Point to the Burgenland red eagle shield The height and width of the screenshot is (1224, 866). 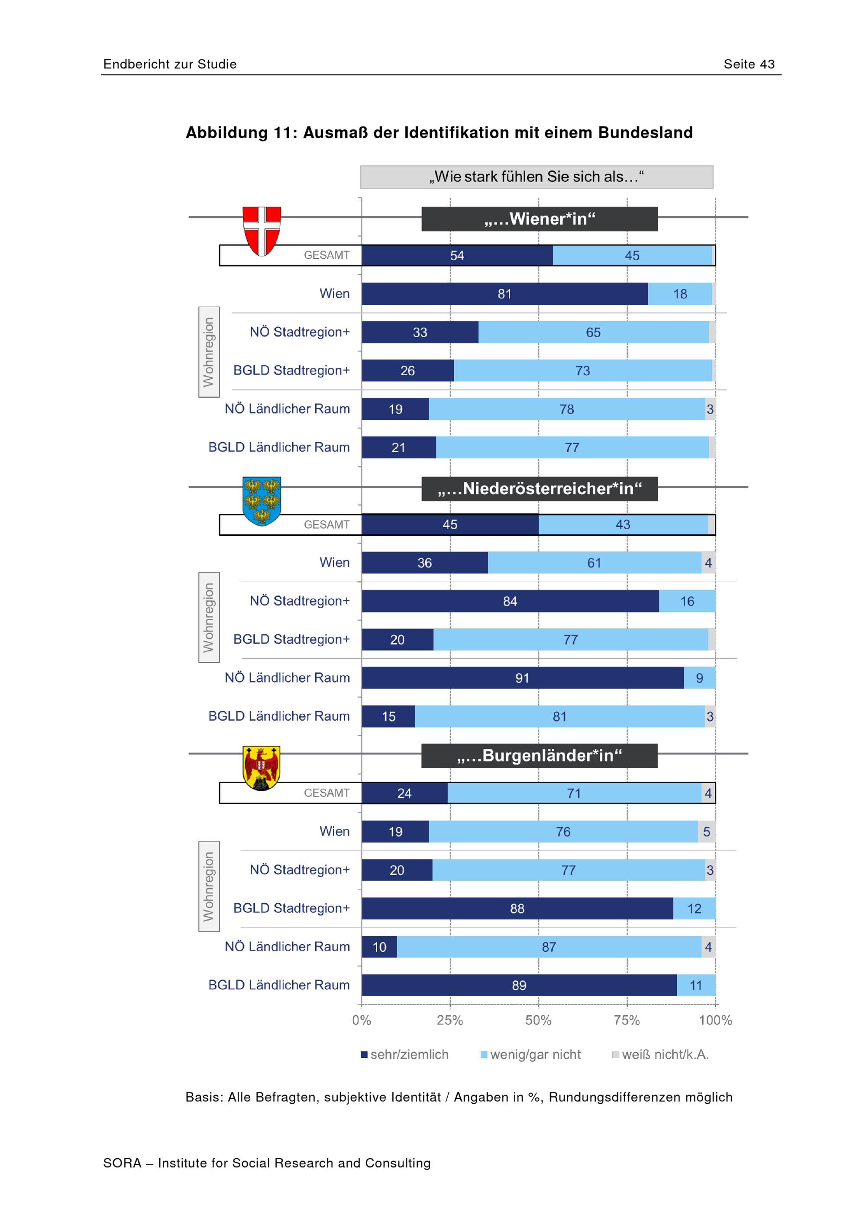click(261, 768)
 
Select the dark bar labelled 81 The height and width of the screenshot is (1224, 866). click(505, 294)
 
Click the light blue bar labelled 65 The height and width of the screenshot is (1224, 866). click(594, 332)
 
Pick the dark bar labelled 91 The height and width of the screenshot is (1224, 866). click(523, 678)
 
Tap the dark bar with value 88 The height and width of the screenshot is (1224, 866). click(517, 908)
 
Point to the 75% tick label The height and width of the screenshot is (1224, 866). click(627, 1020)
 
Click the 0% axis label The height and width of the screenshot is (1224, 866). click(362, 1020)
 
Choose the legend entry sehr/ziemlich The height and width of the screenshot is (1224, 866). click(405, 1054)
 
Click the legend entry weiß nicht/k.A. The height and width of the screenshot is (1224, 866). click(660, 1054)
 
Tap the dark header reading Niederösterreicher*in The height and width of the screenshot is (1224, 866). click(540, 489)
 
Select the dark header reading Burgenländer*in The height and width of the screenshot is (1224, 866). click(540, 755)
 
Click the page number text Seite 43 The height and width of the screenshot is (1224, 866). click(749, 64)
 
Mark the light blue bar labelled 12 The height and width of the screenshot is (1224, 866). click(694, 908)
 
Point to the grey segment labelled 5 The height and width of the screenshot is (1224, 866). click(707, 831)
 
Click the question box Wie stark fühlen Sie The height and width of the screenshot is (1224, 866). click(536, 177)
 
